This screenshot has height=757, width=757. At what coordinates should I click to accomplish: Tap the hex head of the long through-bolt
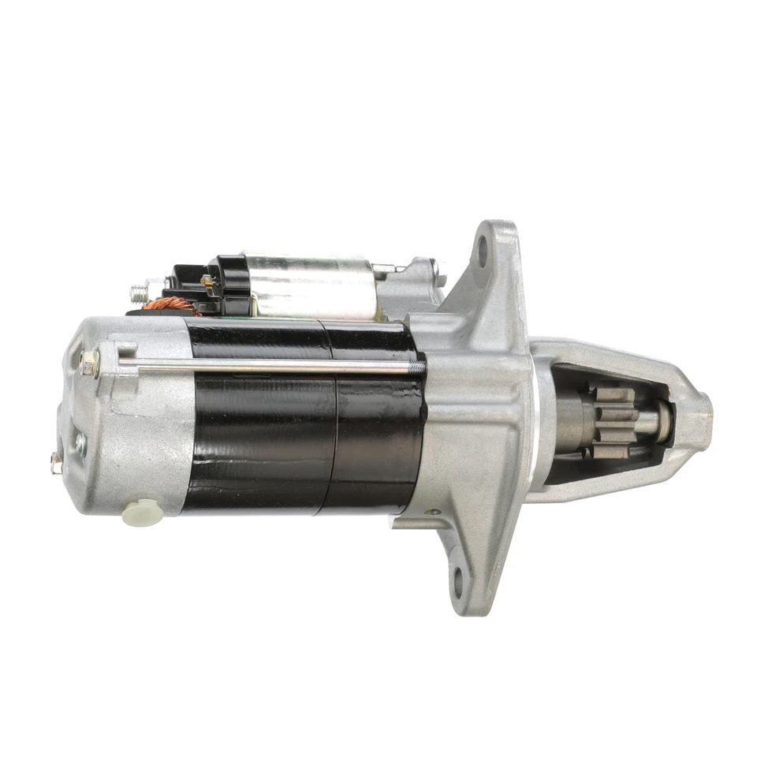click(x=89, y=364)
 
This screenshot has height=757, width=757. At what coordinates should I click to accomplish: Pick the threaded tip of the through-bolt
click(x=420, y=366)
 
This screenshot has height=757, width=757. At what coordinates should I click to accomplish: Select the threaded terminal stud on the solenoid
click(x=139, y=293)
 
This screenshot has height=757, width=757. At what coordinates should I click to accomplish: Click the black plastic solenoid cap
click(x=229, y=284)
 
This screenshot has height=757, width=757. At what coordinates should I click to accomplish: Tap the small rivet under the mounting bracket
click(x=433, y=513)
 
